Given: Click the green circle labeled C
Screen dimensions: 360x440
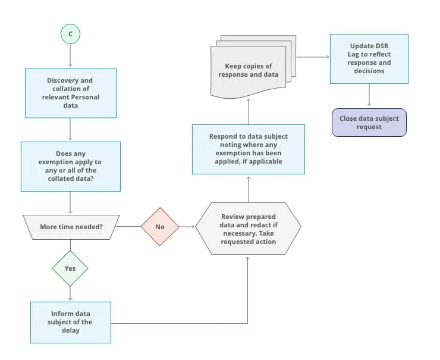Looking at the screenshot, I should coord(70,35).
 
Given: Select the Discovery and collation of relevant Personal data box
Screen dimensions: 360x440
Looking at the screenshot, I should coord(70,93).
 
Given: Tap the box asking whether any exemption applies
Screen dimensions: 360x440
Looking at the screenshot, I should coord(70,166).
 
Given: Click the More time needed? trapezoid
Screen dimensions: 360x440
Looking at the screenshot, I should coord(70,227).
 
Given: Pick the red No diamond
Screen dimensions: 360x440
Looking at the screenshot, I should coord(160,227).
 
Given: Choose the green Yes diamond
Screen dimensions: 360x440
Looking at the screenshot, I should coord(70,268).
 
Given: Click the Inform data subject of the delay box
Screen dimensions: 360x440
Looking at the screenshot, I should coord(70,322).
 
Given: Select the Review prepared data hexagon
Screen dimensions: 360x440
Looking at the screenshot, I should coord(248,229).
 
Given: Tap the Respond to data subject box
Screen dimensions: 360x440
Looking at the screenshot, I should coord(248,149).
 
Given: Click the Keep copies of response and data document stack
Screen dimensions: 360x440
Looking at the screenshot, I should coord(250,71).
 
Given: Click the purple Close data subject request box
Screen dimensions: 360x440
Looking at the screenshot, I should coord(369,123).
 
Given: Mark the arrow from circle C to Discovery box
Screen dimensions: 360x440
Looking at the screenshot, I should coord(70,56).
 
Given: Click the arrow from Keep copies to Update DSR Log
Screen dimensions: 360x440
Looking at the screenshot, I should coord(312,57).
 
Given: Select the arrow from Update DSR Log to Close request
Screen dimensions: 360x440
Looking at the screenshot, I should coord(369,95).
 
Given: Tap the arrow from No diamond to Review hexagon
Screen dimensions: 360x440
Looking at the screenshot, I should coord(187,227).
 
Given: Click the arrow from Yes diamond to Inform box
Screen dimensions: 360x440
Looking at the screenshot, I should coord(70,293).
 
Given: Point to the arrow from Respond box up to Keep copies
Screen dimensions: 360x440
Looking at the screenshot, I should coord(248,112).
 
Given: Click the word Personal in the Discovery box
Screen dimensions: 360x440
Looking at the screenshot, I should coord(87,97).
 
